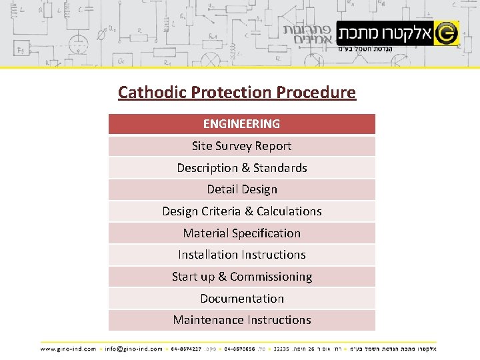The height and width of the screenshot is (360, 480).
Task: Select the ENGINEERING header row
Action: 241,124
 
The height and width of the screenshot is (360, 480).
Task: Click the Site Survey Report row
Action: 241,146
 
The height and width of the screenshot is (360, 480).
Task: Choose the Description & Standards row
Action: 241,168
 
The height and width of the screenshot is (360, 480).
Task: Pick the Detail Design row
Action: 241,189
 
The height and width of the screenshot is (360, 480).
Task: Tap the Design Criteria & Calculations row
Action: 241,211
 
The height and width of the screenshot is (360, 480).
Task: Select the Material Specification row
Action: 241,233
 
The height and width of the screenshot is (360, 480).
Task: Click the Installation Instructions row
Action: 241,255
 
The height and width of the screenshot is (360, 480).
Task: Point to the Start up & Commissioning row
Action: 241,277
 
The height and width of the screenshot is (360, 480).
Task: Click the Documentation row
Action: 241,299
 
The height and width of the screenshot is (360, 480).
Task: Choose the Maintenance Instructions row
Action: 241,320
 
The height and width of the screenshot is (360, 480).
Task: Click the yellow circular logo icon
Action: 446,31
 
